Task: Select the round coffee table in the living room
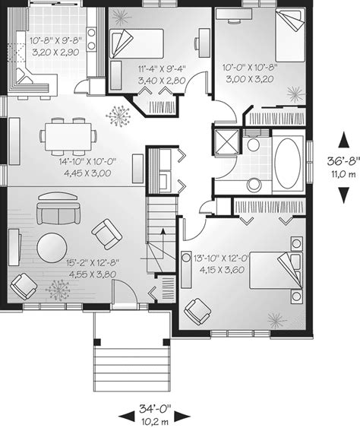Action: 52,248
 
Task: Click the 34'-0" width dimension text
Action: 155,409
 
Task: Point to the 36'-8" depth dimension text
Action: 343,161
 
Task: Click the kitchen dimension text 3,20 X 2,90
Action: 55,52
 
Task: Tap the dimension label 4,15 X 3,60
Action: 222,270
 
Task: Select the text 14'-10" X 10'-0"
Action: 88,162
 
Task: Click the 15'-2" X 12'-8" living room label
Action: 93,263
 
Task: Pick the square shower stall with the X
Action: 226,142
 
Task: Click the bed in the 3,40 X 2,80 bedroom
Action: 137,43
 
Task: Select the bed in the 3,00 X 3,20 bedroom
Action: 289,36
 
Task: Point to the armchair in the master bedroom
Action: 197,312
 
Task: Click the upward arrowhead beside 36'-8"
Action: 344,140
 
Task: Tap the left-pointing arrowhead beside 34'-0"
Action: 127,417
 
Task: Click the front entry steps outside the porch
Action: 131,369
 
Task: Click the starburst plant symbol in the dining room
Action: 118,116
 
